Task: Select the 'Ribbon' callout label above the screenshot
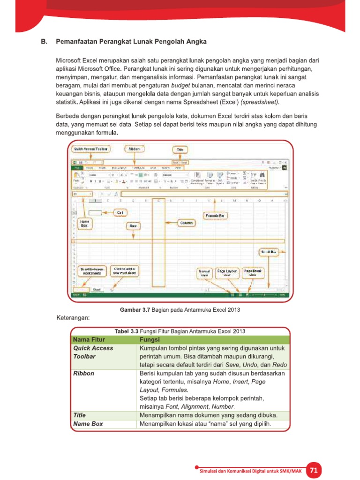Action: pos(134,149)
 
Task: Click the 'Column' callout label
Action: pos(187,223)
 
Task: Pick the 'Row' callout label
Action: pos(133,226)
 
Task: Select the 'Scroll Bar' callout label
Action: pos(270,252)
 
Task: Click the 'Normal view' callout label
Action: pos(204,273)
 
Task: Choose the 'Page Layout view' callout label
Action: pos(227,273)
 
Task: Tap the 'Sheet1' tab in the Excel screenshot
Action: pos(97,290)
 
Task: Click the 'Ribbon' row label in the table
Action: pos(83,374)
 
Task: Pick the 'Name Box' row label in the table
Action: pos(88,424)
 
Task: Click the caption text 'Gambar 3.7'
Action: pos(135,310)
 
